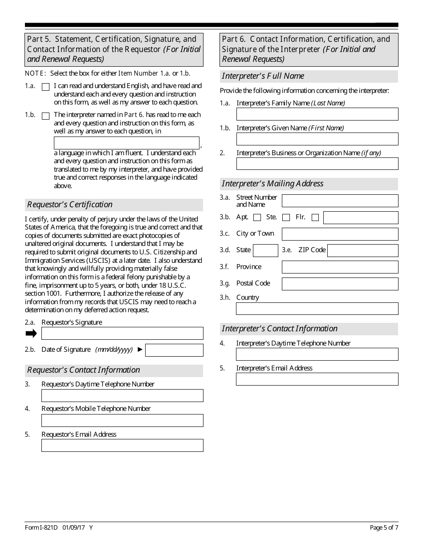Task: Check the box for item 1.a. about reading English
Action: [x=45, y=87]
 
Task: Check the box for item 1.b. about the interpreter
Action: [x=45, y=116]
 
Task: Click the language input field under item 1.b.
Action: [x=126, y=143]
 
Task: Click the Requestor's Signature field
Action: [x=122, y=334]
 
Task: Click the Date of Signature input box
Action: [x=174, y=350]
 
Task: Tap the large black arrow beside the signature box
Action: [x=31, y=334]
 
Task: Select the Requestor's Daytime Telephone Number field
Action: [x=122, y=396]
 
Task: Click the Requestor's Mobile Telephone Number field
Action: [x=122, y=421]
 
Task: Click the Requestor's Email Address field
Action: [x=122, y=446]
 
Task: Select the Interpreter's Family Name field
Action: [x=317, y=114]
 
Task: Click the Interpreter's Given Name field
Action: [x=317, y=139]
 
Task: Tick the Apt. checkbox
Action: [x=257, y=217]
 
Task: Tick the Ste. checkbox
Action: [x=286, y=217]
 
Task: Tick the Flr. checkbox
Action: [x=315, y=217]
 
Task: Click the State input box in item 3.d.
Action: [x=265, y=250]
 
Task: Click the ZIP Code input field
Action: [x=362, y=250]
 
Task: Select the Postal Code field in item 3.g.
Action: [x=340, y=283]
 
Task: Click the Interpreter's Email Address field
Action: [x=317, y=379]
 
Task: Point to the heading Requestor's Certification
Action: [x=70, y=205]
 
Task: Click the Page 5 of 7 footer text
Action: [x=384, y=528]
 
